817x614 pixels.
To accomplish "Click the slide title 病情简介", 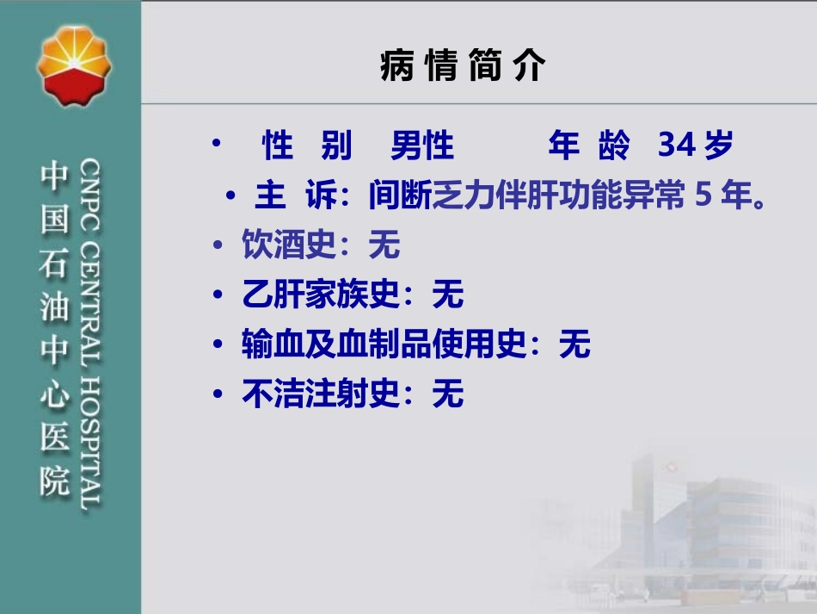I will click(x=463, y=66).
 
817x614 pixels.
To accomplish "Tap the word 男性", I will click(x=421, y=147).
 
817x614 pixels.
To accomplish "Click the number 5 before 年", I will click(x=703, y=197).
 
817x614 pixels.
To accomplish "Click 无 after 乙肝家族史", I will click(x=448, y=296).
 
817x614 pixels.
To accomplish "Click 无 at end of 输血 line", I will click(x=574, y=345).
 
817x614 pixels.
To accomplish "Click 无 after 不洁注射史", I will click(x=448, y=394).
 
